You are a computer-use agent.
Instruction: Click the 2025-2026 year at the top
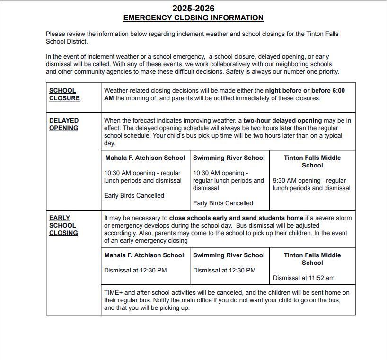point(193,8)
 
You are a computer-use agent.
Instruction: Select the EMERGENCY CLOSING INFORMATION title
point(193,18)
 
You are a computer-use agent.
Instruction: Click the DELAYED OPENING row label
point(64,124)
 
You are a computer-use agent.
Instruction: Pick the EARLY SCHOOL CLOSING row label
point(63,225)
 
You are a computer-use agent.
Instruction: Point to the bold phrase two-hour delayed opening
point(282,121)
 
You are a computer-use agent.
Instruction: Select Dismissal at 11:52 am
point(303,278)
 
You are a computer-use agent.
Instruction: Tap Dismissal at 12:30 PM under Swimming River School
point(224,271)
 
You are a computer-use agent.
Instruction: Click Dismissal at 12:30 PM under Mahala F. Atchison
point(135,271)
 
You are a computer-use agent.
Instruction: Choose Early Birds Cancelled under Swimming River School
point(223,203)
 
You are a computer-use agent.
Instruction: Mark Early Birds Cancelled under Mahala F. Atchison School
point(134,196)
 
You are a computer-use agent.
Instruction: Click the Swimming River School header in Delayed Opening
point(229,158)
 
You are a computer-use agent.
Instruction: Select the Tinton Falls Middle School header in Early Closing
point(312,259)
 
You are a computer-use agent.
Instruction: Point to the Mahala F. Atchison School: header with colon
point(145,255)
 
